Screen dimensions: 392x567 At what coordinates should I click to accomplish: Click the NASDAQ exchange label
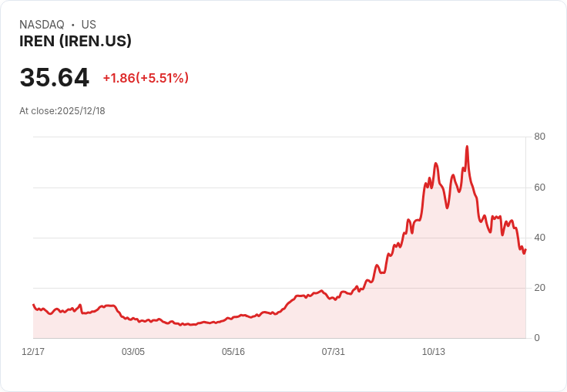click(42, 25)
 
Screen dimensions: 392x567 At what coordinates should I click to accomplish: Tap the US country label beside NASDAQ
click(89, 25)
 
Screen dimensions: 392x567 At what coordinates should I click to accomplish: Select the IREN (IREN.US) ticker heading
click(75, 41)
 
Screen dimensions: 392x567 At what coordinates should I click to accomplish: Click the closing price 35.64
click(54, 78)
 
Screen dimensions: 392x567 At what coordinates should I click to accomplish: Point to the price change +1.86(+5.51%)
click(146, 78)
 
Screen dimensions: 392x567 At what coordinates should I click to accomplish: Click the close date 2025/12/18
click(81, 111)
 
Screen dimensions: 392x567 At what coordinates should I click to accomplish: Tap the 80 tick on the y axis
click(539, 137)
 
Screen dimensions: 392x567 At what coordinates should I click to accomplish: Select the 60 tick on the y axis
click(539, 188)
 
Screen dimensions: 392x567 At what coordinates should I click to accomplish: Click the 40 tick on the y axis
click(539, 238)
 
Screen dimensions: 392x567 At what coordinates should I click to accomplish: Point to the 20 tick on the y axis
click(539, 288)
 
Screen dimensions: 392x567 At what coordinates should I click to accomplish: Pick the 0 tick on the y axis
click(537, 338)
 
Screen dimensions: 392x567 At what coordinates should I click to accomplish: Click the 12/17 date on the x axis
click(33, 352)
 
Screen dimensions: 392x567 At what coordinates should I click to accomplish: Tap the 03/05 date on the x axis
click(133, 352)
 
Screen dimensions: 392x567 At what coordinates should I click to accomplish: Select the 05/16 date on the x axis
click(233, 352)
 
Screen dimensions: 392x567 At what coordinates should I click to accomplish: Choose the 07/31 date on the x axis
click(333, 352)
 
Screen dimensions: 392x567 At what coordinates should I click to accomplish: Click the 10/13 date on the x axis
click(433, 352)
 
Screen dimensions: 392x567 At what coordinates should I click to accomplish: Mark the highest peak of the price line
click(467, 147)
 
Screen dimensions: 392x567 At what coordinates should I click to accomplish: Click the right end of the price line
click(525, 248)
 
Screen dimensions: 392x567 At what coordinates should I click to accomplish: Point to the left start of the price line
click(33, 305)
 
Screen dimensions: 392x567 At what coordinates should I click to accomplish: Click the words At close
click(37, 111)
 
